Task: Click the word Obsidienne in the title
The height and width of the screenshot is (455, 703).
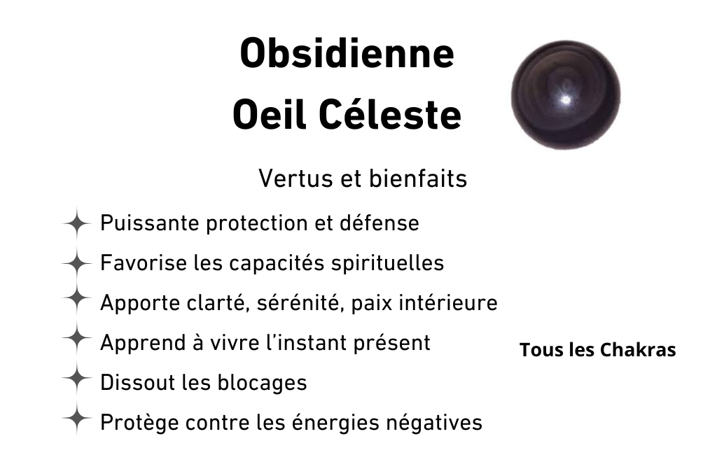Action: tap(347, 53)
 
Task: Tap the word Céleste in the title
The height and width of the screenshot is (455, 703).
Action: tap(390, 115)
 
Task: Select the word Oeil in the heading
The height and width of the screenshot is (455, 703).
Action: tap(270, 115)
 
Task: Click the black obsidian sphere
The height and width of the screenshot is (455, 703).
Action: tap(566, 95)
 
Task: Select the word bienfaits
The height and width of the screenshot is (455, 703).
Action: tap(418, 178)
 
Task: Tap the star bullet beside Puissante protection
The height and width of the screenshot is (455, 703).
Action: tap(76, 223)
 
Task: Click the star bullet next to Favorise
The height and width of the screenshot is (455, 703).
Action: tap(76, 263)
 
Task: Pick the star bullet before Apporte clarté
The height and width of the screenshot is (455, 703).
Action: tap(76, 298)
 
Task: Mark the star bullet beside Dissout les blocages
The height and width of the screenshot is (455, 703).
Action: tap(76, 378)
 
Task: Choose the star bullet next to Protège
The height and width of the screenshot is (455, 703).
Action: tap(76, 418)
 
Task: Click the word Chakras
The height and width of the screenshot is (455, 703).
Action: tap(638, 350)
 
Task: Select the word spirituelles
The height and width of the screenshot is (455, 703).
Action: tap(387, 264)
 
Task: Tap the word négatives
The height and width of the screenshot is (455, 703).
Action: tap(434, 423)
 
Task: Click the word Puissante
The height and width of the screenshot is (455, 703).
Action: tap(150, 223)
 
